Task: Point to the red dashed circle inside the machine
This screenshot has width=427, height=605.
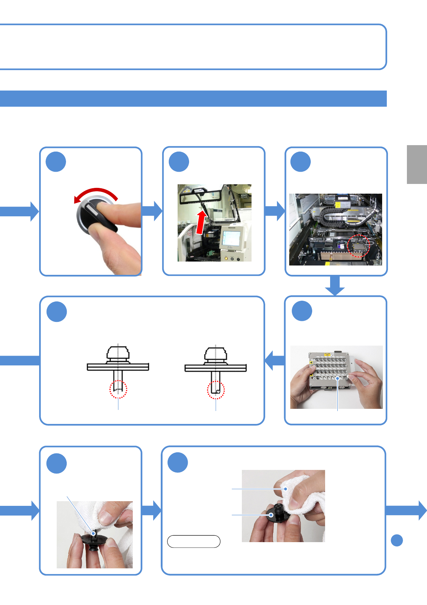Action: point(358,246)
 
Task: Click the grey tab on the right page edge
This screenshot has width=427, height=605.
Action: point(417,165)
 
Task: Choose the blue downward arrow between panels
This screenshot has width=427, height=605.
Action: point(335,286)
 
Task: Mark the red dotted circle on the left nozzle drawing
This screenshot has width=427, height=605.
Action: point(118,389)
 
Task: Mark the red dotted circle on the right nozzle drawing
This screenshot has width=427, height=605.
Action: point(216,390)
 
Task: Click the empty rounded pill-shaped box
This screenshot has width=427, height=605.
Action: point(194,541)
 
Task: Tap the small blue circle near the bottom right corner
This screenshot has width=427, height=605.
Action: point(396,540)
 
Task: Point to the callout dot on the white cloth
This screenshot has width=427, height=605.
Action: point(286,489)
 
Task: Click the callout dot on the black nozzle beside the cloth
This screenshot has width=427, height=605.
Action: point(271,515)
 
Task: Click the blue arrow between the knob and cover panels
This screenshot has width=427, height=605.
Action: point(152,211)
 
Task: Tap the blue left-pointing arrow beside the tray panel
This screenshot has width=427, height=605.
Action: point(274,360)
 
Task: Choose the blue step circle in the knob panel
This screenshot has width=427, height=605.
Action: point(56,162)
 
